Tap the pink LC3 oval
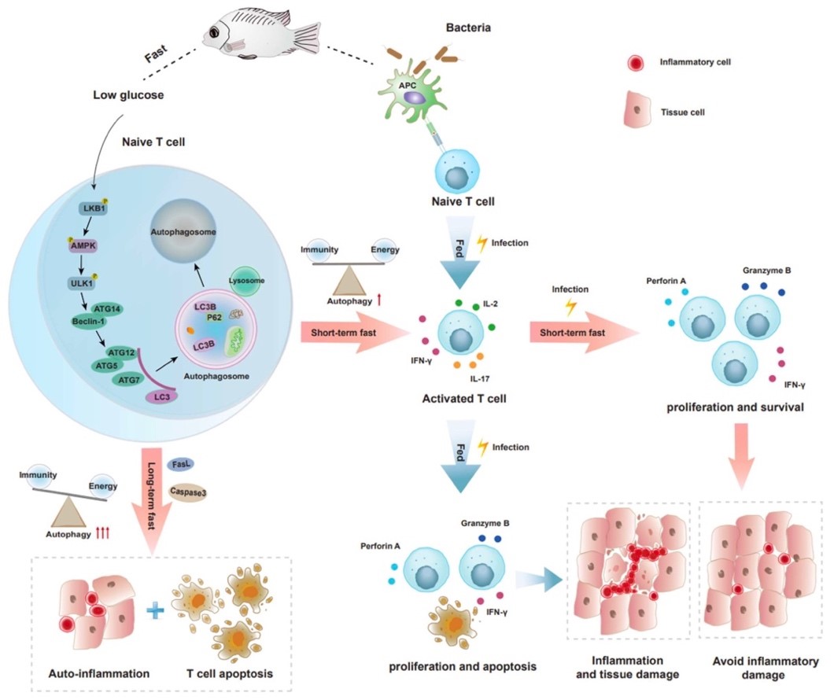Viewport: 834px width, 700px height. [161, 399]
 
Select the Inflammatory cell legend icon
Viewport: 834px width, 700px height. [635, 63]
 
